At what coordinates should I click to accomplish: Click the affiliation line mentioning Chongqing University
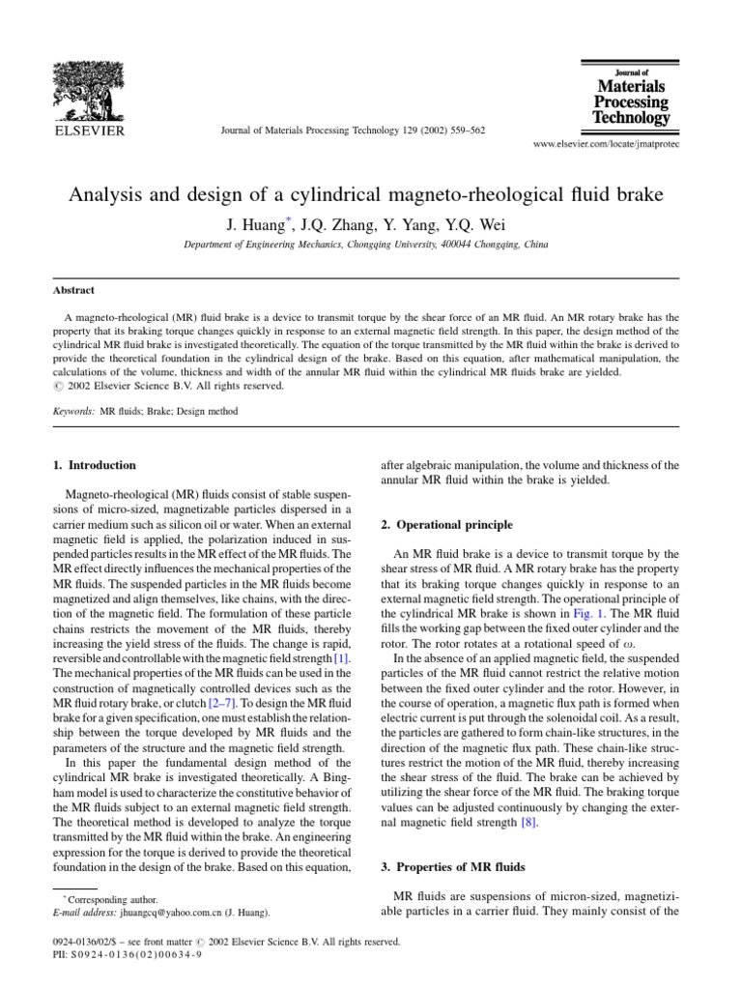click(x=365, y=246)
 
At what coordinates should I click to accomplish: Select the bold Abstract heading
click(x=73, y=289)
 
